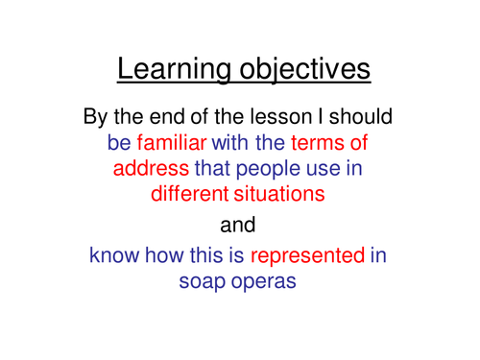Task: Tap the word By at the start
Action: click(x=101, y=120)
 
